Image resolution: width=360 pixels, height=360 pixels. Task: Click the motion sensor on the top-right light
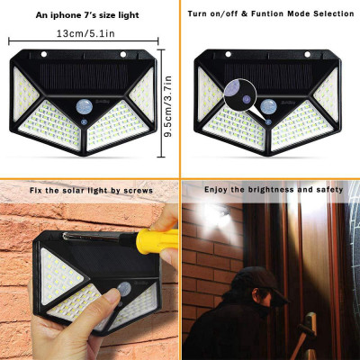[x=268, y=108]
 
